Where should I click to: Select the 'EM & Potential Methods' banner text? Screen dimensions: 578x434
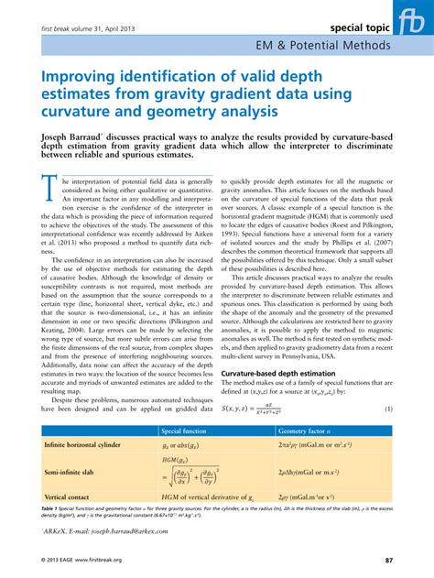pos(322,47)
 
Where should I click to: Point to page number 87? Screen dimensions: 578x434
pos(389,561)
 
